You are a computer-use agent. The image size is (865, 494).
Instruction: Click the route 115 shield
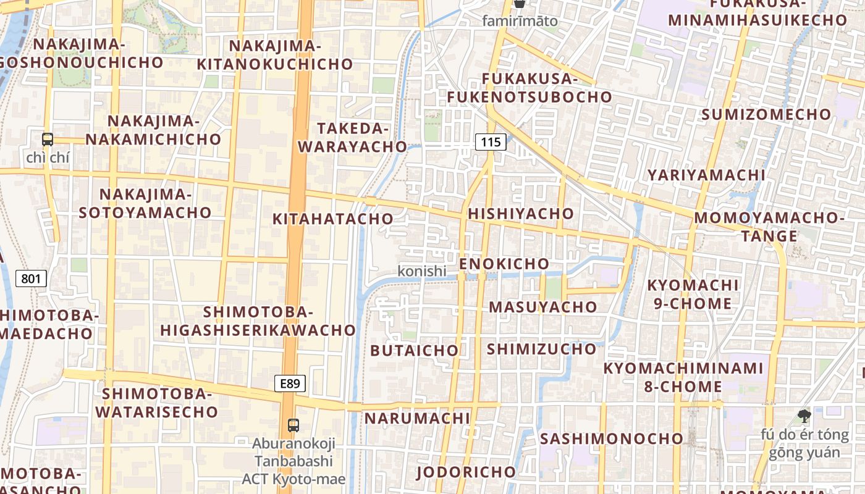point(491,142)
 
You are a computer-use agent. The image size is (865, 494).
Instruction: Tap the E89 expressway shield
point(290,383)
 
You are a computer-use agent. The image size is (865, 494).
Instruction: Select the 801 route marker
point(30,278)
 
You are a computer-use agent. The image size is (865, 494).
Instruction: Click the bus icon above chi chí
point(48,140)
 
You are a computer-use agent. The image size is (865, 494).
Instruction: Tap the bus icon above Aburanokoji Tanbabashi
point(293,425)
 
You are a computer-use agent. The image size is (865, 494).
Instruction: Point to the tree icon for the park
point(804,416)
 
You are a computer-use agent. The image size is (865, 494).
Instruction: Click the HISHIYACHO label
point(521,214)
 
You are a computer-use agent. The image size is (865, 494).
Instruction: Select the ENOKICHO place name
point(504,264)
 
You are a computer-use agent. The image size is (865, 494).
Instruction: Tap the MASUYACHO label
point(543,307)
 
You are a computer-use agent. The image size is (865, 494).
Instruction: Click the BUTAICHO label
point(415,351)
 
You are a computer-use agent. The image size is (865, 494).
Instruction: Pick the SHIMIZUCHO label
point(541,349)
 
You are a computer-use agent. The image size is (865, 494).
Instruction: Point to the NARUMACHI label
point(417,418)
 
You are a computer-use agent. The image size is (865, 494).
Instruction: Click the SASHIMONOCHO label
point(612,438)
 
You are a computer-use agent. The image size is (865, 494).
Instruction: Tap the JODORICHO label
point(466,472)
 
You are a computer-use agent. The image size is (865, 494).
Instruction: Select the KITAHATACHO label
point(333,219)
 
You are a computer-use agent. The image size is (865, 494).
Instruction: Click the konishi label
point(422,270)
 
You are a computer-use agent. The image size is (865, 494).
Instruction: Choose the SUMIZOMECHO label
point(766,114)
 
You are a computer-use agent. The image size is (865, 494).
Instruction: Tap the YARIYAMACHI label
point(706,175)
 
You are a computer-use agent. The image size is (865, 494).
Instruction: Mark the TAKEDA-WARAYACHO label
point(361,137)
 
